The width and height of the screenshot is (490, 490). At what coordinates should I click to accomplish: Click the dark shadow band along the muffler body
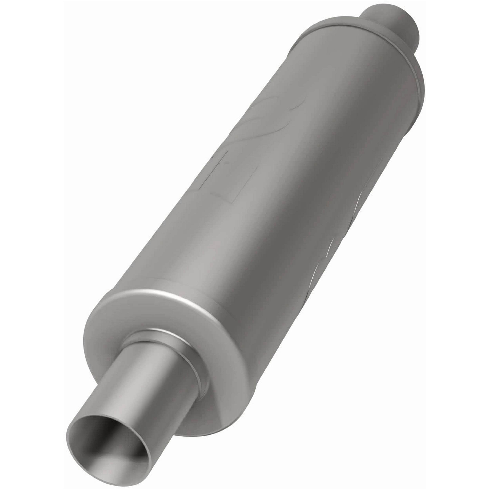[x=292, y=228]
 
